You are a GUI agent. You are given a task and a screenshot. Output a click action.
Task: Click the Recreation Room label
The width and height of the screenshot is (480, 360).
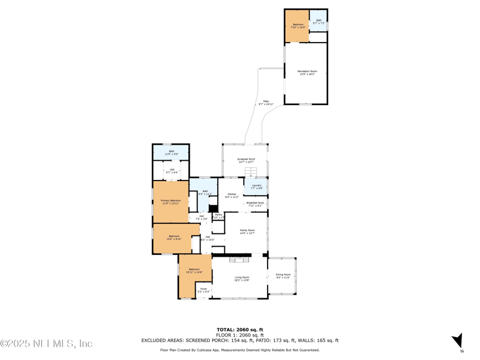click(307, 72)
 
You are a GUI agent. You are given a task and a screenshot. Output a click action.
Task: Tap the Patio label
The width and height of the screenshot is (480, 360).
click(266, 103)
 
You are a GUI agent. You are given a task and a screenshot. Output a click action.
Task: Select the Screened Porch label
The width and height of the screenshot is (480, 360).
click(246, 160)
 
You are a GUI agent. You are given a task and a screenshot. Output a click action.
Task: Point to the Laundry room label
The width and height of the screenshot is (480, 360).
click(256, 187)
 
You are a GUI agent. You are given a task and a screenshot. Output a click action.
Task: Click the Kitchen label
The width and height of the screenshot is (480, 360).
click(231, 195)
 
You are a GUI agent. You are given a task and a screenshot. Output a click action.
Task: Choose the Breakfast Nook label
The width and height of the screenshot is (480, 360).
click(255, 204)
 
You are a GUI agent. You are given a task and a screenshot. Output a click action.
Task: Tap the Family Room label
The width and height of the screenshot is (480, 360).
click(247, 232)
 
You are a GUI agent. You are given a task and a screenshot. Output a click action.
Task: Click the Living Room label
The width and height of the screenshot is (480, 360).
click(241, 278)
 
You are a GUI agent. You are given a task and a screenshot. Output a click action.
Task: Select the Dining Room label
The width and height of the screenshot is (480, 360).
click(283, 276)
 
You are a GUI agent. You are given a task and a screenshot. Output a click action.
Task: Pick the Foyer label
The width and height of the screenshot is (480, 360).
click(203, 290)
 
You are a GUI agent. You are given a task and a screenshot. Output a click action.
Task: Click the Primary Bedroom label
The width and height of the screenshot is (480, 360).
click(170, 202)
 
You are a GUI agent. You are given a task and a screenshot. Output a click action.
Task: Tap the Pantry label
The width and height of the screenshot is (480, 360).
click(218, 215)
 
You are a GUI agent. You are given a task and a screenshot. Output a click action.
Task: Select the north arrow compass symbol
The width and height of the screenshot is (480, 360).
click(457, 341)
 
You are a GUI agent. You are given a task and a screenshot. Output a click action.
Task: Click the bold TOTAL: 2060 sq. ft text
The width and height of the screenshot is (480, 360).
click(240, 329)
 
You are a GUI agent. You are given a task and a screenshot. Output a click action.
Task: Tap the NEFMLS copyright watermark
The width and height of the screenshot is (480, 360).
click(46, 344)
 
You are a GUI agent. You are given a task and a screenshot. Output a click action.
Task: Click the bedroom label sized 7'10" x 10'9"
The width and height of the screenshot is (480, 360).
click(298, 26)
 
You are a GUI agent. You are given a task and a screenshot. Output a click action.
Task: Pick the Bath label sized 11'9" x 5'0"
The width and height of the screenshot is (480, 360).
click(171, 152)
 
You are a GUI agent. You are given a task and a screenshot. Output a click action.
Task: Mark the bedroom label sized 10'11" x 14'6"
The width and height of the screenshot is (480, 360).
click(194, 271)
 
